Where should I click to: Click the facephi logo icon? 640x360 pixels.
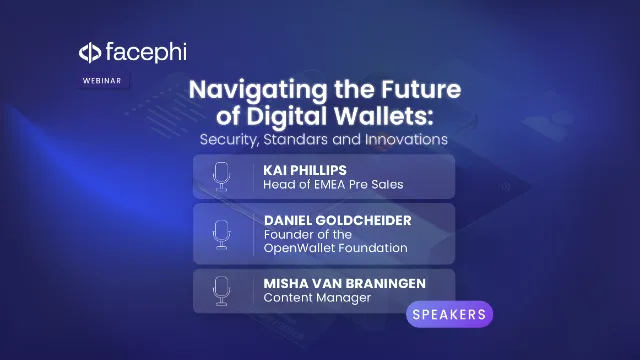(89, 51)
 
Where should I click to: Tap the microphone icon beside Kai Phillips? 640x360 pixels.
(221, 176)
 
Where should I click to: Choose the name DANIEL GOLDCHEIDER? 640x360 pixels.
(339, 219)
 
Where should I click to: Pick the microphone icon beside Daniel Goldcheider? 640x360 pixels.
(221, 234)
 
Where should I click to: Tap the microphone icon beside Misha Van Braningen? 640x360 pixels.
(221, 290)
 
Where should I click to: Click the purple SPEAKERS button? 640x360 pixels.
(450, 314)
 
